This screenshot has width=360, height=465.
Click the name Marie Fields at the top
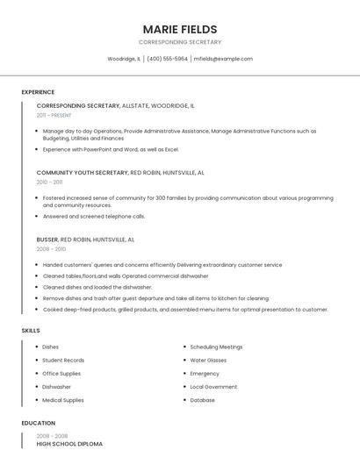pos(180,29)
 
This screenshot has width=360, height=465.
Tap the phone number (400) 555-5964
pos(167,59)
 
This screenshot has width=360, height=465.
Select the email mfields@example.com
pos(223,59)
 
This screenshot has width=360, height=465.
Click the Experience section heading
pos(38,92)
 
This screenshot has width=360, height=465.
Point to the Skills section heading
pos(31,330)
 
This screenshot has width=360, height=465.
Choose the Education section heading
pos(38,423)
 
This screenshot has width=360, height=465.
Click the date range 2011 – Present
pos(54,115)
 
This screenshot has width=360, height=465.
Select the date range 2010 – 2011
pos(50,182)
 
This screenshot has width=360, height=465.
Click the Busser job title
pos(47,240)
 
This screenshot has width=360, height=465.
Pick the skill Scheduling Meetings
pos(216,347)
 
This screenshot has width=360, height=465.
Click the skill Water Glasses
pos(208,361)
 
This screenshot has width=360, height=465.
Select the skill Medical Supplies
pos(63,400)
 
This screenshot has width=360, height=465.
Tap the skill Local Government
pos(213,387)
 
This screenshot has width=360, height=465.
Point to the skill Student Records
pos(63,361)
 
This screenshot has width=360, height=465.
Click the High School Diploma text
pos(69,444)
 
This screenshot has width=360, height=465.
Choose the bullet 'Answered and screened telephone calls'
pos(94,216)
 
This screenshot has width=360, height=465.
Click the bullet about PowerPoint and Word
pos(111,149)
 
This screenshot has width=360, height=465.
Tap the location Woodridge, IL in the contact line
pos(124,59)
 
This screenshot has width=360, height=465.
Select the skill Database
pos(203,400)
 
